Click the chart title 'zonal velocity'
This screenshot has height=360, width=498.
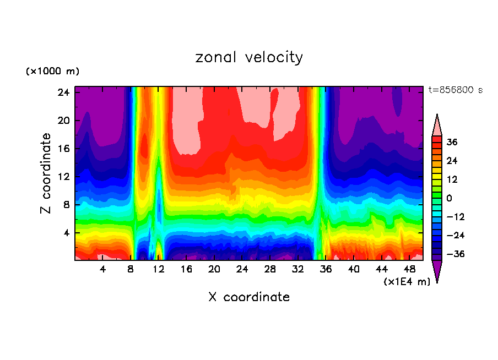click(249, 57)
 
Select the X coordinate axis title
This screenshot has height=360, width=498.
click(249, 297)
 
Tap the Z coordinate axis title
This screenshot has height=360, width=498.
click(46, 173)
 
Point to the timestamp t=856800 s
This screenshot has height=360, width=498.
click(455, 90)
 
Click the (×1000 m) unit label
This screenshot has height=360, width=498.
click(52, 72)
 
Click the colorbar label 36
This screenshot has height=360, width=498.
click(452, 142)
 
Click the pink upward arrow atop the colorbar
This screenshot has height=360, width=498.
click(437, 126)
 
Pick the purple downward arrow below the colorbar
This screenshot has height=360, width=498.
click(437, 271)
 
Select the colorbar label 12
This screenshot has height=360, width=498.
click(452, 179)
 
